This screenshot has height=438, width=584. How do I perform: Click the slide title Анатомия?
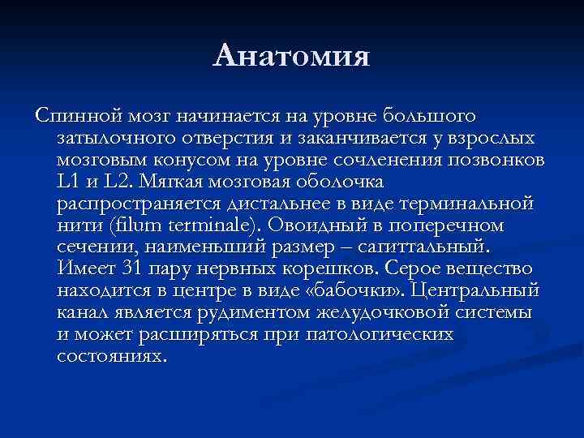292,57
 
